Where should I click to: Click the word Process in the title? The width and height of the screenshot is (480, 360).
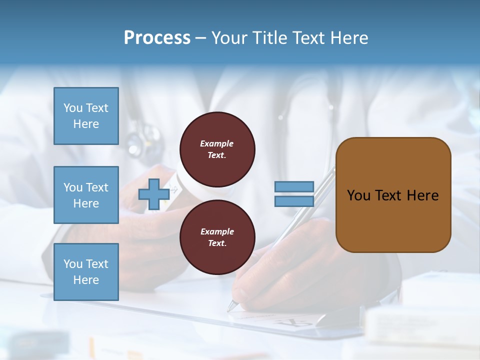click(157, 38)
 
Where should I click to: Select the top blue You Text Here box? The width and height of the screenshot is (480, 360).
click(86, 116)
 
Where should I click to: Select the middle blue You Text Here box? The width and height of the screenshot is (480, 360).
click(86, 195)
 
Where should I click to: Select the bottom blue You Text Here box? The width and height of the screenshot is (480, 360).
click(86, 271)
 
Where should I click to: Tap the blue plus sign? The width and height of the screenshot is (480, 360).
click(153, 194)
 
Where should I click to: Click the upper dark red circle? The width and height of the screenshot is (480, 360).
click(217, 149)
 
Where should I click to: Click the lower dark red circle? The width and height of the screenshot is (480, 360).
click(217, 237)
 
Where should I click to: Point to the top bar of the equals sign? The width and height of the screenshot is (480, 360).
click(294, 186)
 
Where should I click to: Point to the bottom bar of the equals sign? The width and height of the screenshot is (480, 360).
click(294, 201)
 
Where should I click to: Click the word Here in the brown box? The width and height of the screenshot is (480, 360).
click(422, 195)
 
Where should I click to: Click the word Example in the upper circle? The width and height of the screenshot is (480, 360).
click(216, 143)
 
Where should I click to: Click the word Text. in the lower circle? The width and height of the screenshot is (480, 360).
click(217, 243)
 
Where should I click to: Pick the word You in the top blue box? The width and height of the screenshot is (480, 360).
click(72, 108)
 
